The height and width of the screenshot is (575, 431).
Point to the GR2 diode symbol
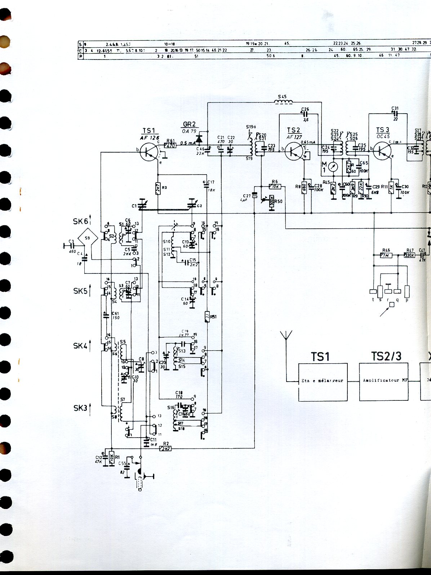tap(198, 139)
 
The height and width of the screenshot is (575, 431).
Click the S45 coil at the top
tap(284, 102)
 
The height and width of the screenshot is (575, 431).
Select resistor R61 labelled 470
tap(170, 146)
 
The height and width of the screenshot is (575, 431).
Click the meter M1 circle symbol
tap(334, 168)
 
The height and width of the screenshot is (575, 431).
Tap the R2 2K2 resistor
tap(166, 448)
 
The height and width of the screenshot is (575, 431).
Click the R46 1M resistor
tap(386, 255)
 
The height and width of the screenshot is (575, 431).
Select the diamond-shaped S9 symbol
tap(88, 238)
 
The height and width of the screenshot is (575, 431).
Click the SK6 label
tap(80, 221)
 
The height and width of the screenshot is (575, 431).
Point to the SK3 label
tap(80, 408)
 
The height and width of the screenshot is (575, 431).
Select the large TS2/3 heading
tap(386, 356)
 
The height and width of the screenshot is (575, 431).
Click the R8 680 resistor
tap(305, 187)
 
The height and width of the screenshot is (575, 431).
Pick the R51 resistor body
tap(207, 316)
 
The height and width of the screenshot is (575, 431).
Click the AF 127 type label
tap(294, 137)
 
